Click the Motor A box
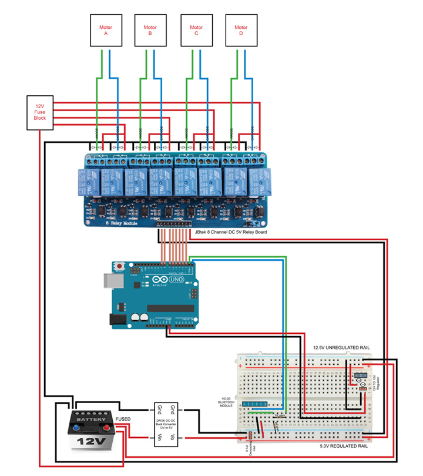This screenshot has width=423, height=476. (106, 31)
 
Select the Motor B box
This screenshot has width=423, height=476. (150, 31)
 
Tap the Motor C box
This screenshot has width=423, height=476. (196, 31)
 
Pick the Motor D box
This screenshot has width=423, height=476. (241, 31)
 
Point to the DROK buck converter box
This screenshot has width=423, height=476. (167, 425)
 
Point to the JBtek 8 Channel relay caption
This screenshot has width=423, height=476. (230, 232)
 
